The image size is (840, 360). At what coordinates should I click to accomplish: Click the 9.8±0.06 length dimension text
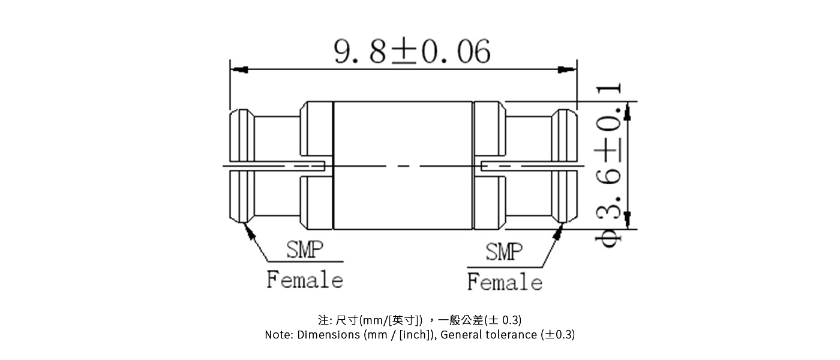click(412, 52)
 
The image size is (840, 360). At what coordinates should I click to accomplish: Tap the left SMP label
click(304, 250)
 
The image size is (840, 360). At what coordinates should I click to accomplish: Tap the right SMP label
click(504, 251)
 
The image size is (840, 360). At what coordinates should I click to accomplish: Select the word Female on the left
click(305, 280)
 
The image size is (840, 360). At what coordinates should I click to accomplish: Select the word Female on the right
click(505, 282)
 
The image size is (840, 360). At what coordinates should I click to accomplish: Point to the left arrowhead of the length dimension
click(238, 70)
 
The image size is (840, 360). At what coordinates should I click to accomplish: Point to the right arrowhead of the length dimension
click(568, 70)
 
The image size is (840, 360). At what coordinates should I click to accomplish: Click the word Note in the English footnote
click(278, 335)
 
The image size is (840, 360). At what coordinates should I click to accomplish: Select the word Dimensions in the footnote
click(329, 335)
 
